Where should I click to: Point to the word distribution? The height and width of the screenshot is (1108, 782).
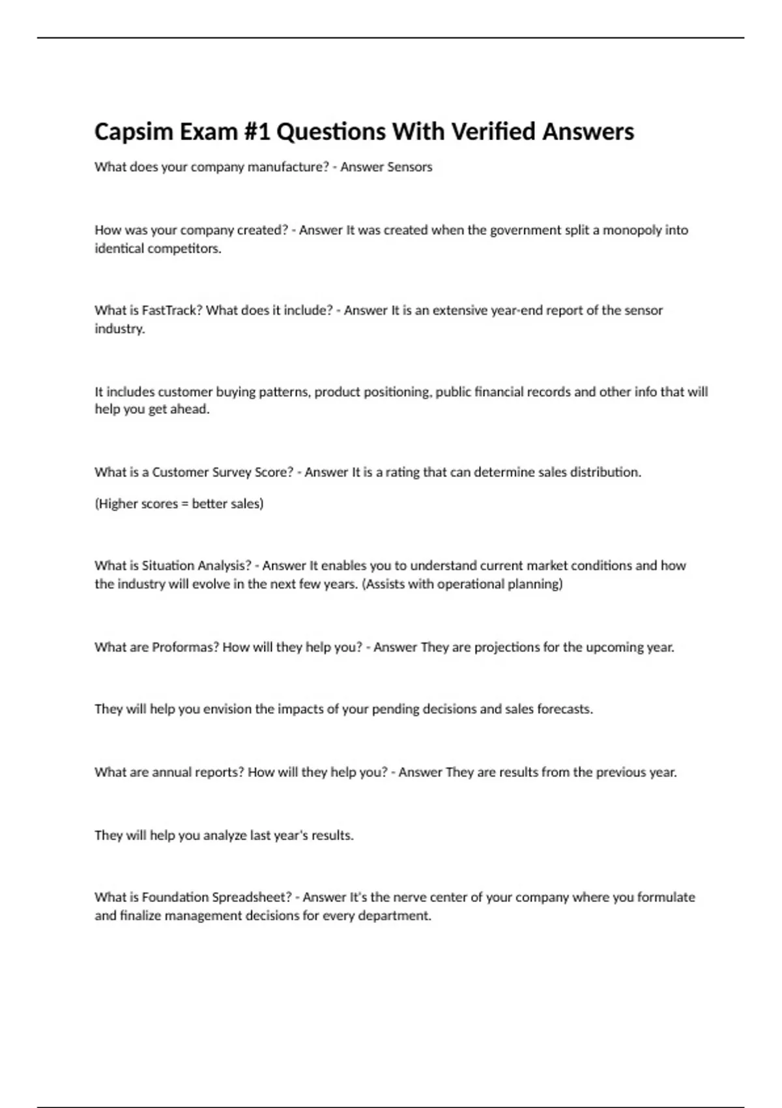[x=605, y=472]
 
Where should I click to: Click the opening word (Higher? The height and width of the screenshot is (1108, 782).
[x=117, y=504]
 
